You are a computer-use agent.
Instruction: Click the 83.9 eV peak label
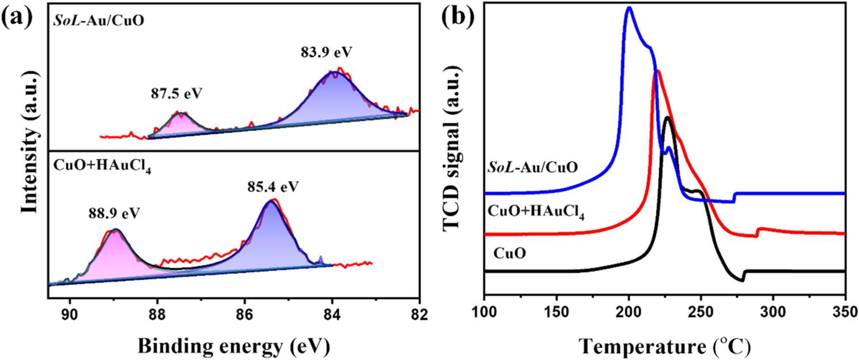327,52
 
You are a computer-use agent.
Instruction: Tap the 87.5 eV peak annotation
177,93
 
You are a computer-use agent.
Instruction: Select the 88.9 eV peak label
114,213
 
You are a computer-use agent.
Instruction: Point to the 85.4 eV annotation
273,187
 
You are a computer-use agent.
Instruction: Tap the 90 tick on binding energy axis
70,314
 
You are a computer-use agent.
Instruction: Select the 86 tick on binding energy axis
244,314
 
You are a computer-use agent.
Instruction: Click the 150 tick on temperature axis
556,312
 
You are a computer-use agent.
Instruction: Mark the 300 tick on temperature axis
773,312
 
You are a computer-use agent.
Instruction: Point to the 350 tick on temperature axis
845,312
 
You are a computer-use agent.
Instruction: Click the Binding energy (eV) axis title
234,346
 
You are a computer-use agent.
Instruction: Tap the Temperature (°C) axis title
665,346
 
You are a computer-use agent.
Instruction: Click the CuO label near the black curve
509,253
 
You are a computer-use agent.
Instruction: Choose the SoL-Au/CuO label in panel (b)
532,167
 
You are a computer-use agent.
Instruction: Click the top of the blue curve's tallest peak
629,8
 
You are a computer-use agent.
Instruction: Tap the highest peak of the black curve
667,117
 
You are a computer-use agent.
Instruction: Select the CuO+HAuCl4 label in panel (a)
102,166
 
